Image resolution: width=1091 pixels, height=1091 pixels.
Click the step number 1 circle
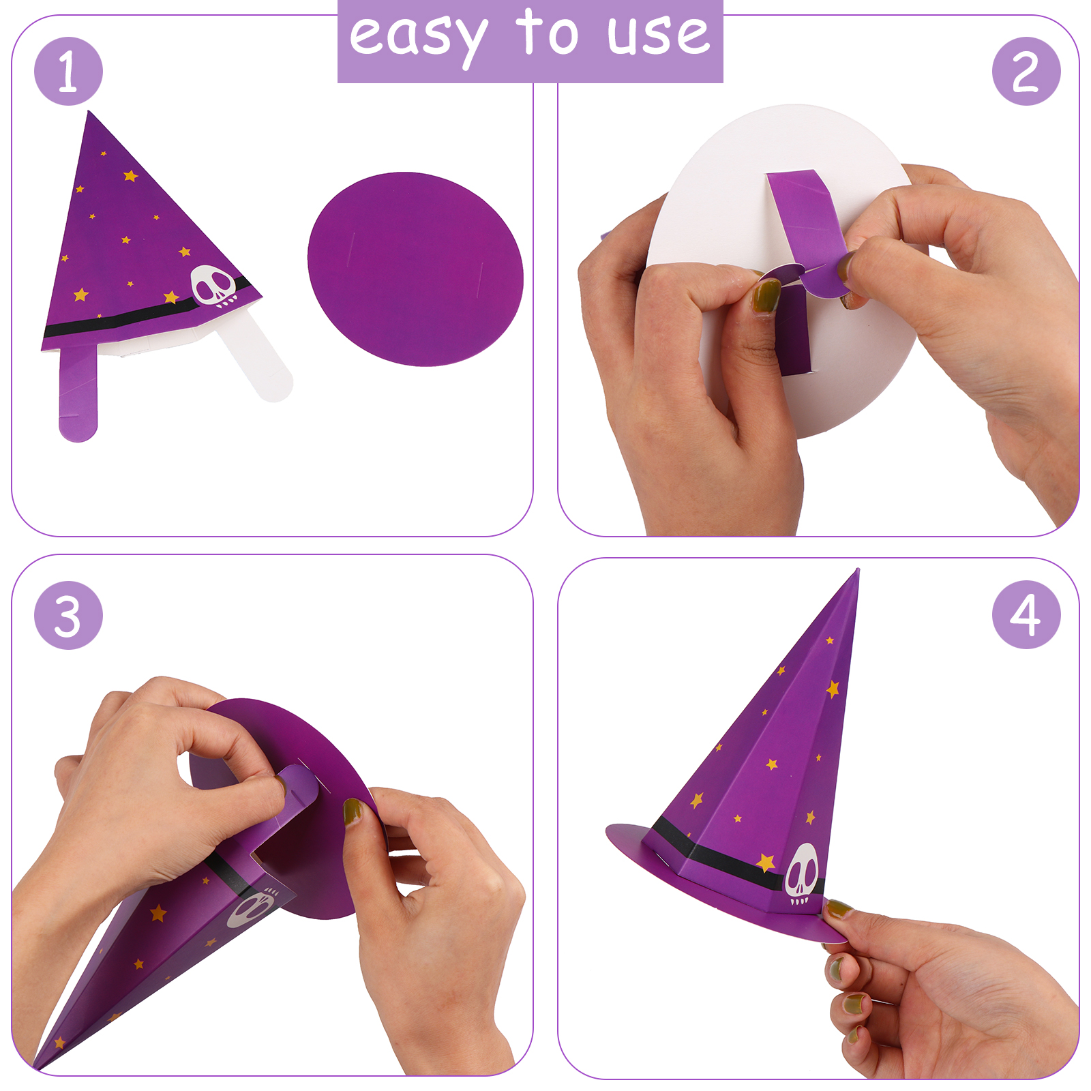tap(68, 71)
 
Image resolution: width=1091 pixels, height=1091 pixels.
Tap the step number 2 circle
tap(1026, 71)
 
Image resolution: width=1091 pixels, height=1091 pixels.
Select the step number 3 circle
tap(68, 615)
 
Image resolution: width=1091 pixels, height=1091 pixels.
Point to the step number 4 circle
tap(1026, 614)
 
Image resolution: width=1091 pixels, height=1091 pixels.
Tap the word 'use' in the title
tap(658, 35)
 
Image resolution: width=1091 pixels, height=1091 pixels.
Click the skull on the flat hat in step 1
tap(214, 286)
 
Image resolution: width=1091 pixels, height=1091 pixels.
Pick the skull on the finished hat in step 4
tap(801, 874)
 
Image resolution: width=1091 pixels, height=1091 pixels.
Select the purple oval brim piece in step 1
tap(415, 269)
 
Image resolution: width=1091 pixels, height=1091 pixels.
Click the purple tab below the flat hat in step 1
tap(78, 393)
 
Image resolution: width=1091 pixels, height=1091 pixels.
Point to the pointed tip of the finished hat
tap(857, 570)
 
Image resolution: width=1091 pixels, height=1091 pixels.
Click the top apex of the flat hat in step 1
tap(89, 112)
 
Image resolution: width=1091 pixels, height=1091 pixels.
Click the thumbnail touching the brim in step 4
tap(839, 909)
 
